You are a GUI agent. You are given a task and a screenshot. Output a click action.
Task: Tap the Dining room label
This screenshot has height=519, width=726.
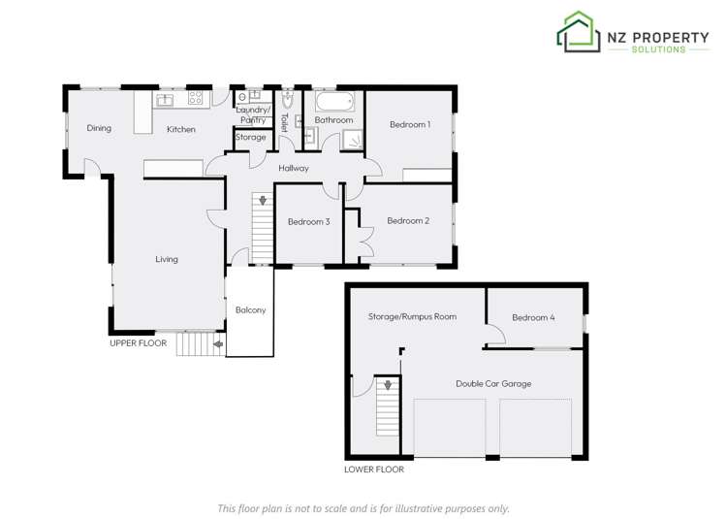pos(99,128)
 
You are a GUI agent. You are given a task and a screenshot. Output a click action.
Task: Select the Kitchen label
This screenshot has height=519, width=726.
pos(181,129)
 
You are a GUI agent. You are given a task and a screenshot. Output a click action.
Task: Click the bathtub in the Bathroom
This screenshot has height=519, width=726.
pos(335,101)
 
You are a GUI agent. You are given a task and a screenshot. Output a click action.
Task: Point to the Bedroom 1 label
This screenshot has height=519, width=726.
pos(410,124)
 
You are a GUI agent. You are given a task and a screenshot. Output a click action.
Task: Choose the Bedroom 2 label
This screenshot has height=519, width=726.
pos(408,221)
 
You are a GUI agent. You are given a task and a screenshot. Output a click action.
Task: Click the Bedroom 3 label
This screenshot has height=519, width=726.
pos(309,222)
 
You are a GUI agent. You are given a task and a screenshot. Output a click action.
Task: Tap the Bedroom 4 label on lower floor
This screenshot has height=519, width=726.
pos(533,317)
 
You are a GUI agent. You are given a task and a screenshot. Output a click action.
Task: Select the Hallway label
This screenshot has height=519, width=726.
pos(294,169)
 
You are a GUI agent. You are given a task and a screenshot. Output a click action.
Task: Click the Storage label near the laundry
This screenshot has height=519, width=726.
pos(251,138)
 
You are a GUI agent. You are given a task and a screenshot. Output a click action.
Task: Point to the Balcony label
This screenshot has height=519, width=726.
pos(250,310)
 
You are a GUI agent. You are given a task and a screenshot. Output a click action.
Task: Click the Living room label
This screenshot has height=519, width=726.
pos(167,259)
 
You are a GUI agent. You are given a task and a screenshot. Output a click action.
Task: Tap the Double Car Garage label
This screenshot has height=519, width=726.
pos(493,383)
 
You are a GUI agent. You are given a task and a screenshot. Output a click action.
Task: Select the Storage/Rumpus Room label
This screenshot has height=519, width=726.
pos(412,317)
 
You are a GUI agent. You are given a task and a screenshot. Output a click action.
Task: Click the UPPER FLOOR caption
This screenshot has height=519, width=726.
pos(138,343)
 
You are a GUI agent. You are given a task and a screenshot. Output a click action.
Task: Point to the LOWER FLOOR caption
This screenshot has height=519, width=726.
pos(374,470)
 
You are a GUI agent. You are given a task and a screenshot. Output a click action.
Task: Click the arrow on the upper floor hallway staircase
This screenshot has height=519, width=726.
pos(259,201)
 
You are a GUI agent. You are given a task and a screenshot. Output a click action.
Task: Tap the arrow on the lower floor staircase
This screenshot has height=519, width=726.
pos(389,385)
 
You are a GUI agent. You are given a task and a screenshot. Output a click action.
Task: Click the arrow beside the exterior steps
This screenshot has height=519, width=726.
pos(218,343)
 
